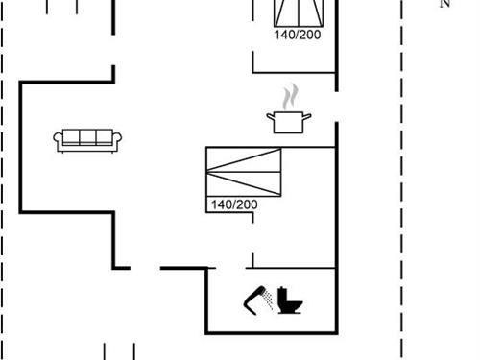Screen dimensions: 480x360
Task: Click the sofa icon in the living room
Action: click(x=86, y=140)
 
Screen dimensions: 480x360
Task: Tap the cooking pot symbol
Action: click(x=289, y=121)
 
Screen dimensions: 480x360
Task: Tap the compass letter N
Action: click(x=444, y=4)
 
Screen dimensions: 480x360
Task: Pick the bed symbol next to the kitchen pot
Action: click(x=245, y=173)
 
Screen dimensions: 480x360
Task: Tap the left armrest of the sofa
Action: click(x=57, y=142)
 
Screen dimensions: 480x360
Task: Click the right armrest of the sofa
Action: click(x=117, y=142)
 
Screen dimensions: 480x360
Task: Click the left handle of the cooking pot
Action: click(x=270, y=116)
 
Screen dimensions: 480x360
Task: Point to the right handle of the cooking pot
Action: click(x=308, y=116)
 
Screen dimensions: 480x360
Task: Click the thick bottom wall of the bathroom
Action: click(x=271, y=332)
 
